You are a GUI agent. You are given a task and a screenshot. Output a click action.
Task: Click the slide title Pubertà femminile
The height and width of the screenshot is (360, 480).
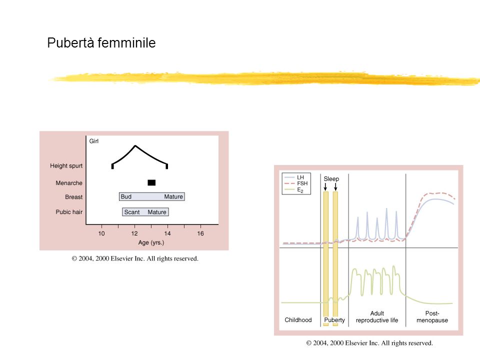tap(101, 43)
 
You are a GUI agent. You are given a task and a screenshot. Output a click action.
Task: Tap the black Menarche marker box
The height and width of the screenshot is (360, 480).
tap(151, 183)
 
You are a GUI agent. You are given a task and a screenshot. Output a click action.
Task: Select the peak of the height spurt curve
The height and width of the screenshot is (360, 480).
tap(135, 145)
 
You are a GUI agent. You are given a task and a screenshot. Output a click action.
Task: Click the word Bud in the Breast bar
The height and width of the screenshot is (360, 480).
tap(126, 196)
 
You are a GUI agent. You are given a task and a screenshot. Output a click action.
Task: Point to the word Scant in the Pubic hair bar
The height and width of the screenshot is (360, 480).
tap(132, 212)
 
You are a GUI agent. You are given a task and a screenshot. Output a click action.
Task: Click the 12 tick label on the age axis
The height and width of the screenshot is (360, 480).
tap(134, 233)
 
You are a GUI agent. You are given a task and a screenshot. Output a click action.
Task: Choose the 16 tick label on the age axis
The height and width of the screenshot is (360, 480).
tap(200, 233)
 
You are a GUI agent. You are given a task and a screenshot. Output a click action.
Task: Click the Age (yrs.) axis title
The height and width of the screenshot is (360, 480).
tap(151, 243)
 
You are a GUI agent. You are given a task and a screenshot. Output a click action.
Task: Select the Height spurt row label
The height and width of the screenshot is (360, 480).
tap(66, 166)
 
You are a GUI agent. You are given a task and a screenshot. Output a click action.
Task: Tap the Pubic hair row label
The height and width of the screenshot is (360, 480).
tap(69, 212)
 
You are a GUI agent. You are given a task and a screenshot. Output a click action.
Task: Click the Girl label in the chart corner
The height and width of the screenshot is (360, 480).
tap(94, 141)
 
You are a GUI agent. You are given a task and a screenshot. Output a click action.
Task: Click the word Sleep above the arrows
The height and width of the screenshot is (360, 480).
tap(331, 179)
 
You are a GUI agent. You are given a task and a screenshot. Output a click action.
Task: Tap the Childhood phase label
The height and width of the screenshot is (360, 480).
tap(298, 320)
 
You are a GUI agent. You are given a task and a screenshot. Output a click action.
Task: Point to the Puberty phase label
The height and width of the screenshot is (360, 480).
tap(334, 320)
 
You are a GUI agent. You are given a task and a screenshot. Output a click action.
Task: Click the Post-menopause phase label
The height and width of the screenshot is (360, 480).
tap(432, 317)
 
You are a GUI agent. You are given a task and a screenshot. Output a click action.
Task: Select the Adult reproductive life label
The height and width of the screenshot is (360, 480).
tap(377, 317)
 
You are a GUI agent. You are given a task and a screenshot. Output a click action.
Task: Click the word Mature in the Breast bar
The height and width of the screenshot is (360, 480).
tap(173, 196)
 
